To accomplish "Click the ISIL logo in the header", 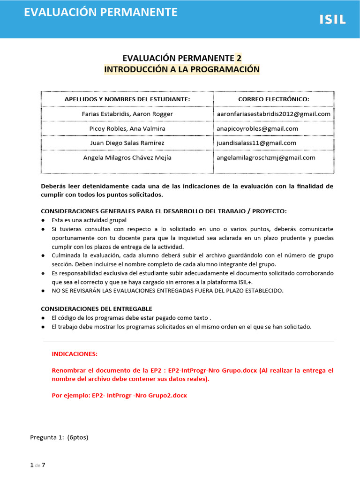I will [332, 20].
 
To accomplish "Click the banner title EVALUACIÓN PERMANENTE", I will [101, 12].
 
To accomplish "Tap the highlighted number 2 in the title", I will [239, 58].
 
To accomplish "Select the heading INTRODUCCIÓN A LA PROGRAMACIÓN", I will [181, 69].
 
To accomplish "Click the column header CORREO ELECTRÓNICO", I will [273, 99].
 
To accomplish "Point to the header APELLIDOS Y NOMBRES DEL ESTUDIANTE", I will [127, 99].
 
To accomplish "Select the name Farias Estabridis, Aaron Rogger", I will [127, 114].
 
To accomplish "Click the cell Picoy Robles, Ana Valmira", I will [127, 128].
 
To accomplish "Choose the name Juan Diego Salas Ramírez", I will [127, 143].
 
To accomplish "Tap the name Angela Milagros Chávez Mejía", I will [127, 157].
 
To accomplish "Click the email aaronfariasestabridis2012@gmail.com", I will [273, 114].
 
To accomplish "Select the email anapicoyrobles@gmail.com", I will [257, 128].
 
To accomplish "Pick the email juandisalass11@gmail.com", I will [256, 143].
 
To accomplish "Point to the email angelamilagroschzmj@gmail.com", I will [266, 157].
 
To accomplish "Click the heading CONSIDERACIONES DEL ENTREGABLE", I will [97, 309].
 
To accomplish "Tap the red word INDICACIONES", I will [75, 354].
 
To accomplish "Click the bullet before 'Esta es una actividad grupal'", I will [43, 220].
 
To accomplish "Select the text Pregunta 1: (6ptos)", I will [59, 437].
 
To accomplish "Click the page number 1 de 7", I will [37, 465].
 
